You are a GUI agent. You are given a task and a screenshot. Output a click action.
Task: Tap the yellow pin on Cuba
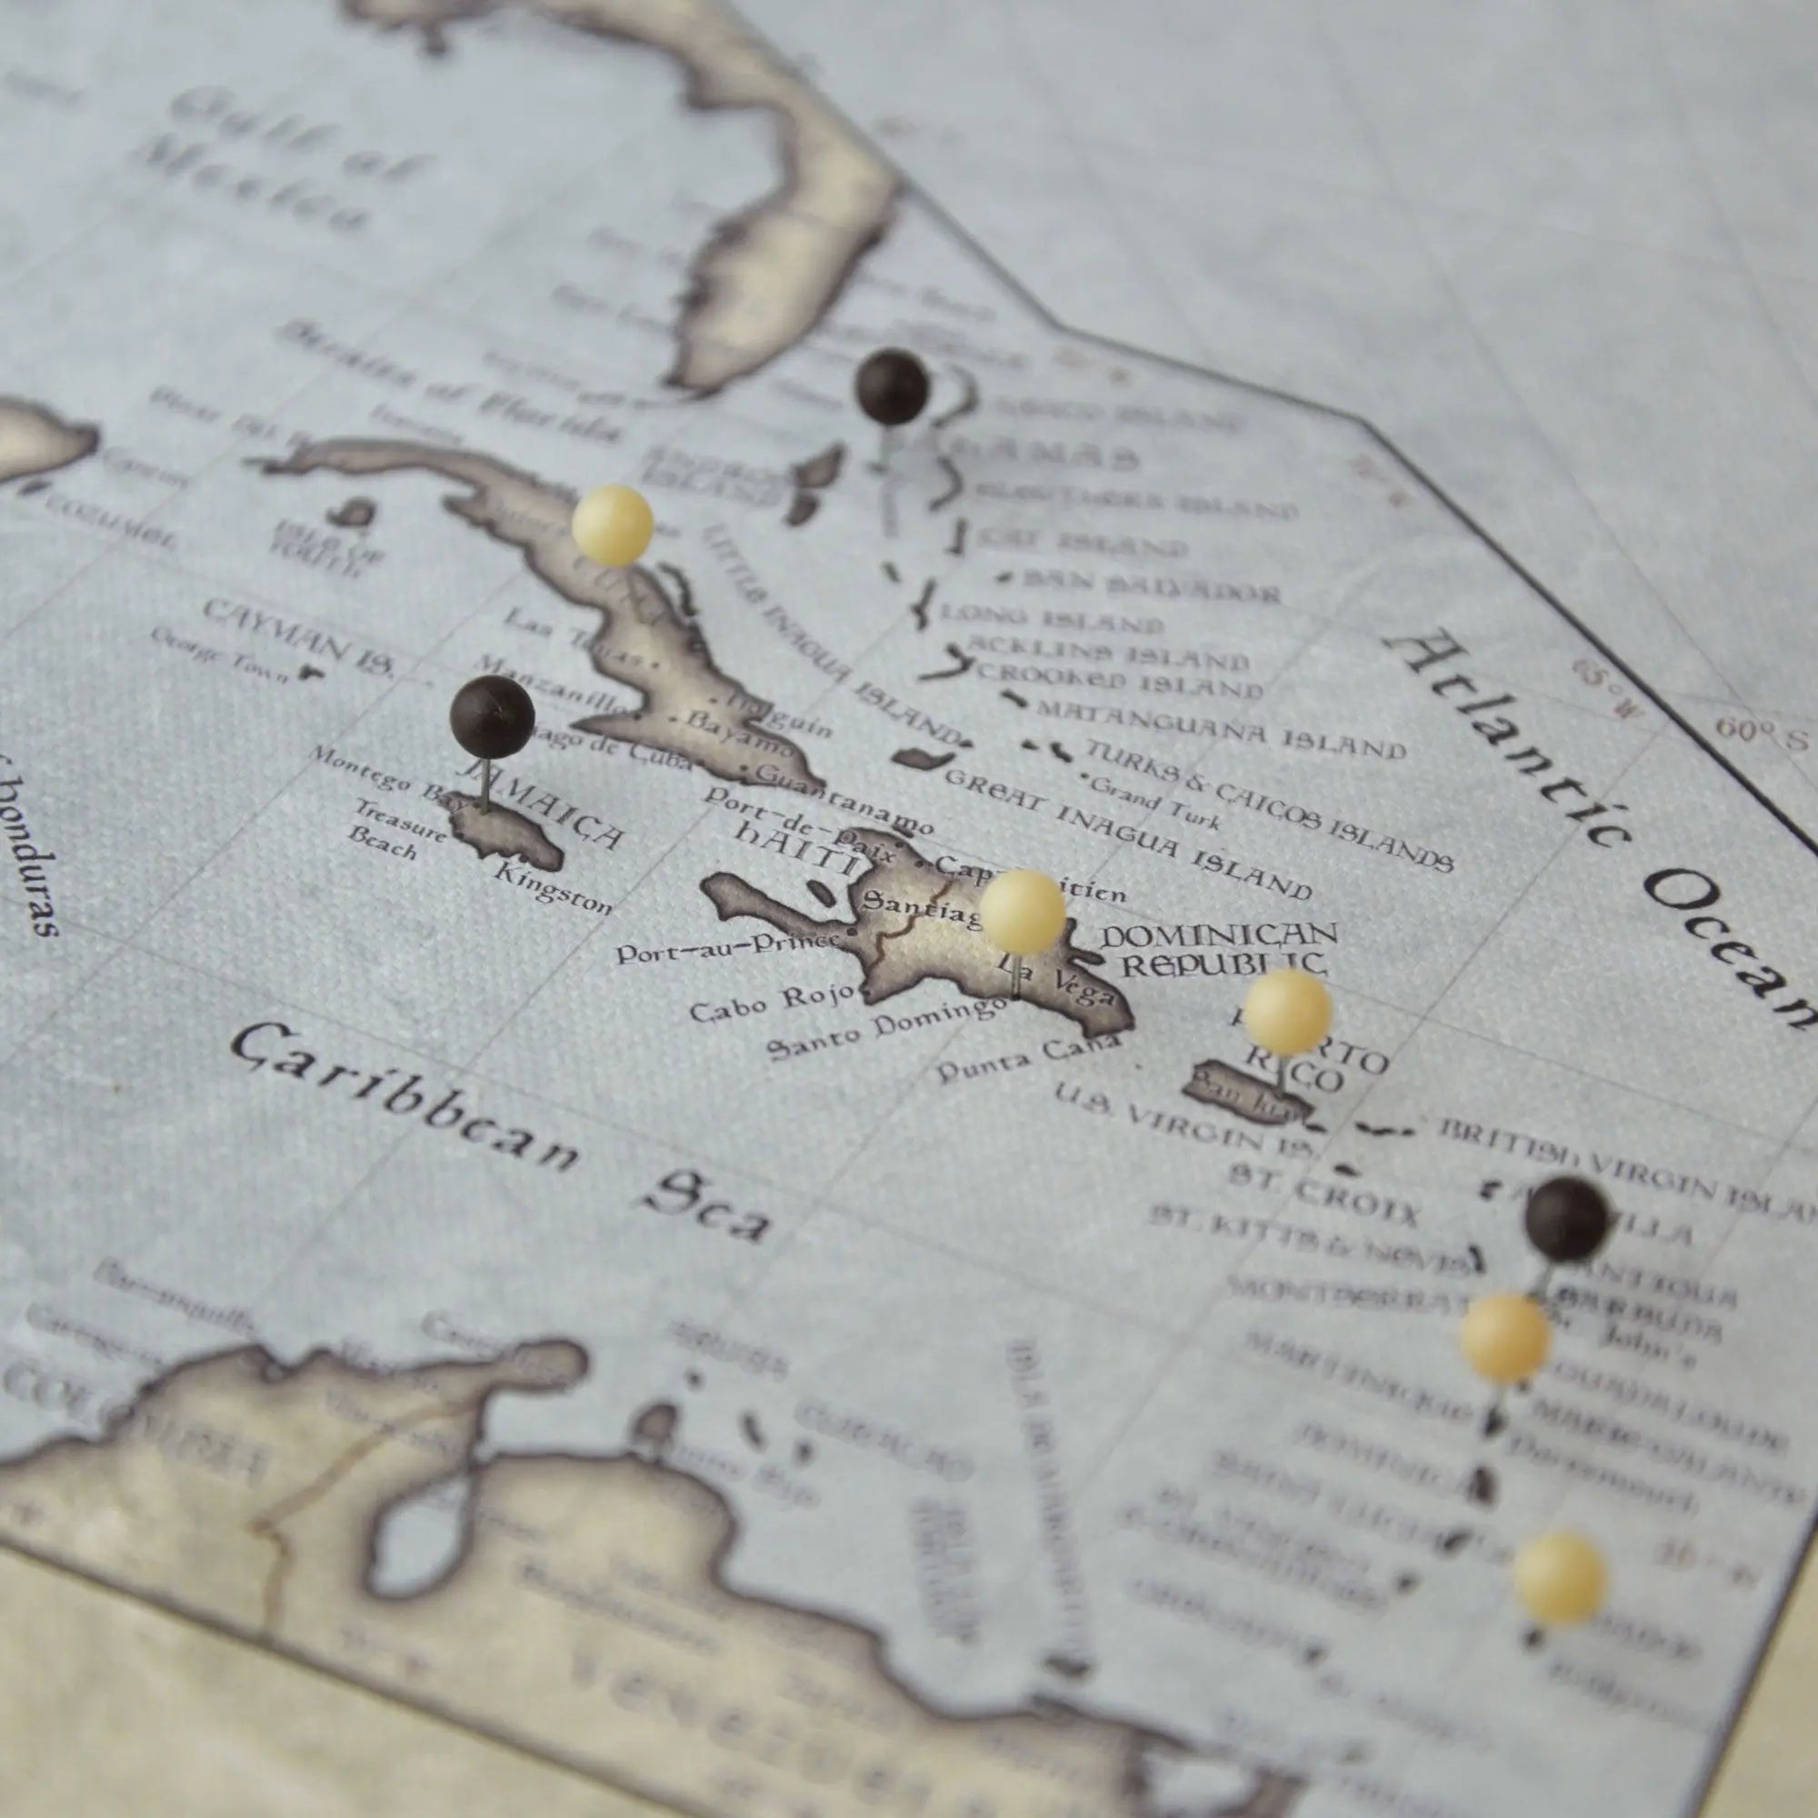pyautogui.click(x=612, y=524)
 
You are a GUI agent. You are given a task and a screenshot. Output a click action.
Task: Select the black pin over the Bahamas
pyautogui.click(x=891, y=386)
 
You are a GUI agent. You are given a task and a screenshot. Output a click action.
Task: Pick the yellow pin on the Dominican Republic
pyautogui.click(x=1022, y=911)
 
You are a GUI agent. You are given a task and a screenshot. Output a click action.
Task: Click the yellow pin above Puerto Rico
pyautogui.click(x=1286, y=1012)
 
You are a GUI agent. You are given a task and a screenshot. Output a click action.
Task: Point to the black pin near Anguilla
pyautogui.click(x=1567, y=1219)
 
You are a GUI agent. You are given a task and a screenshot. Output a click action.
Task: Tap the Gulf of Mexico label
pyautogui.click(x=273, y=160)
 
